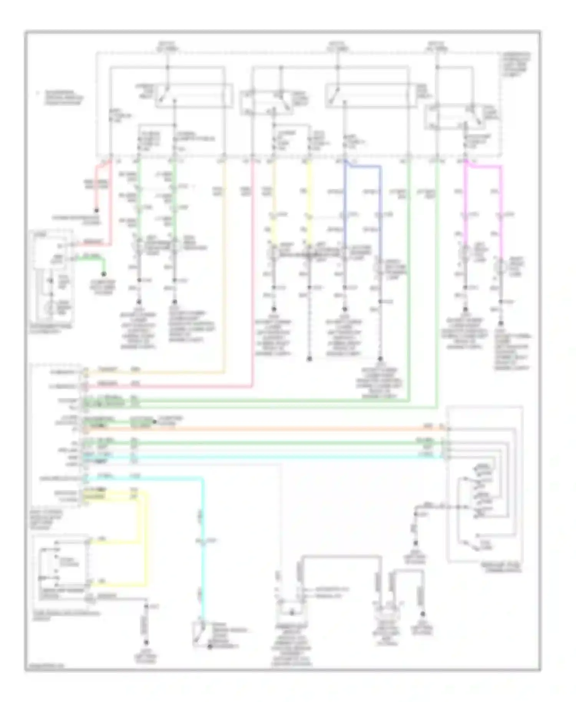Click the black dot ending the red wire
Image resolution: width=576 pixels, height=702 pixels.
96,210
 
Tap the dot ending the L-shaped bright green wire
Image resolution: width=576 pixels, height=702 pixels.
103,274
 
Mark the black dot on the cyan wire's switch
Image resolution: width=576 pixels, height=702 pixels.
210,647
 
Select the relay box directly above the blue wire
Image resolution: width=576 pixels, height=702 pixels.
368,95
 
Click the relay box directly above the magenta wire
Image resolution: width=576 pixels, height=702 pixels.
462,116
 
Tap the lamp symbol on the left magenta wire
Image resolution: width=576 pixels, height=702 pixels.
465,252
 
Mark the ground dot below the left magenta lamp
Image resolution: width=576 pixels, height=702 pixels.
465,309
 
